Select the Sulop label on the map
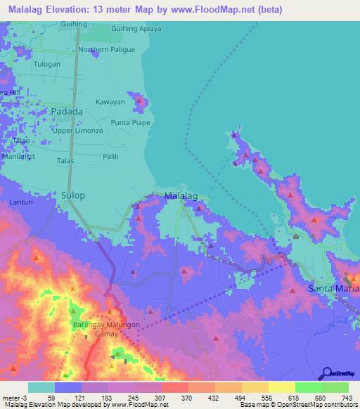72,195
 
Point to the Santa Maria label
335,289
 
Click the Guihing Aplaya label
136,29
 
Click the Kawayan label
110,102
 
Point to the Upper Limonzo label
79,131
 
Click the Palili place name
110,157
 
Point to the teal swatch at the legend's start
41,387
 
